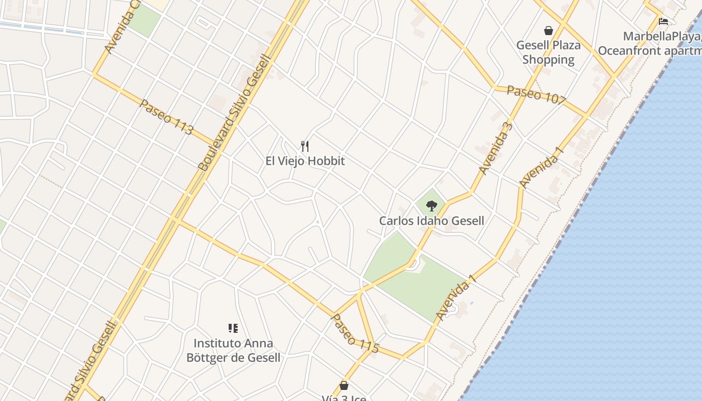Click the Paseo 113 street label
[166, 117]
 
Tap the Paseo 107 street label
[536, 95]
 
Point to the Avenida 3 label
[496, 148]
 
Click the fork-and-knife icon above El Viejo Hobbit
[305, 146]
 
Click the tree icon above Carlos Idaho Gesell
[431, 206]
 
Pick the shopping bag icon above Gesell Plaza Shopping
[549, 31]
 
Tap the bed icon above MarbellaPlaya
[663, 22]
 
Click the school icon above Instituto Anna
[233, 328]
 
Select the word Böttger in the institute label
[206, 357]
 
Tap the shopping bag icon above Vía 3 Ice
[344, 385]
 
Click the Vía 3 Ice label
[344, 398]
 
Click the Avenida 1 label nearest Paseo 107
[542, 167]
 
